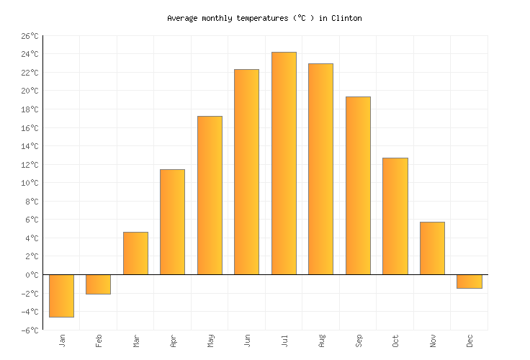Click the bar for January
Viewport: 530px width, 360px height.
[x=61, y=295]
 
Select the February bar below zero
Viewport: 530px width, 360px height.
[x=98, y=284]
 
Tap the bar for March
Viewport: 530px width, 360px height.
[x=135, y=253]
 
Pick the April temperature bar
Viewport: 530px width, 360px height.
[x=172, y=222]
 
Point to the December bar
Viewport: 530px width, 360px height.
[x=469, y=282]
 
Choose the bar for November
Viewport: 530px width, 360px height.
[x=432, y=248]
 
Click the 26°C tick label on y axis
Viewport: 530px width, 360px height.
[x=30, y=36]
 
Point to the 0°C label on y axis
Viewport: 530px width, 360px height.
[x=32, y=275]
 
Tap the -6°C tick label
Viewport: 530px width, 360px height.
[x=30, y=330]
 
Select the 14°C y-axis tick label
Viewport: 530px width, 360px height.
[x=30, y=146]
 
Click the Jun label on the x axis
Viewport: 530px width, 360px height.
[x=247, y=340]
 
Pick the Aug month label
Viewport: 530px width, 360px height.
[x=321, y=340]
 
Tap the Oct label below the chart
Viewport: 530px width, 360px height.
[x=395, y=340]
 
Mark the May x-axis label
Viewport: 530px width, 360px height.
[x=210, y=340]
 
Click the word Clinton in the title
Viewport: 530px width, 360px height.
[x=346, y=18]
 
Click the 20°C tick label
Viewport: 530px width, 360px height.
[x=30, y=91]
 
